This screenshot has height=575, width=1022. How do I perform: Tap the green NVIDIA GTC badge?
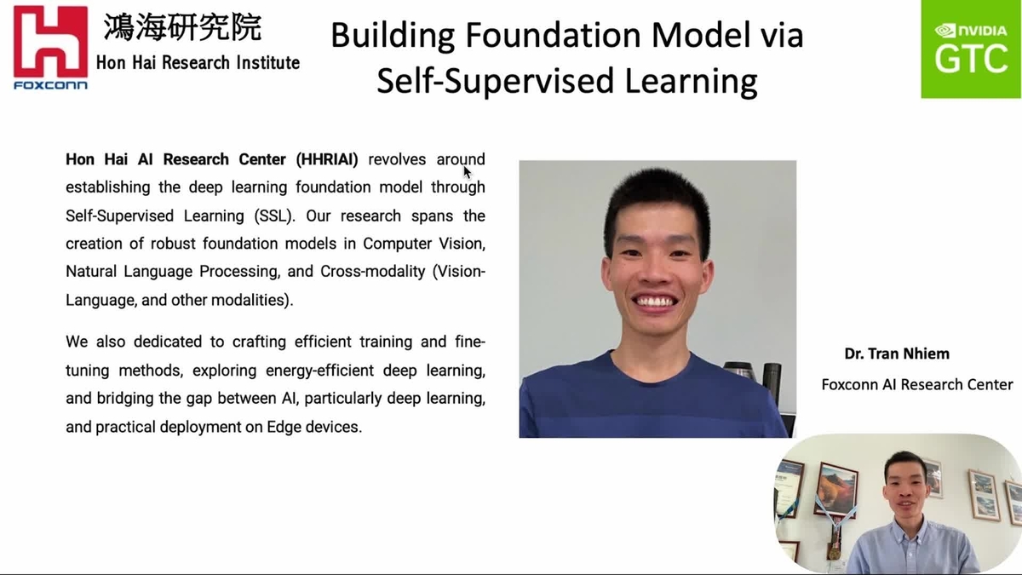(x=971, y=49)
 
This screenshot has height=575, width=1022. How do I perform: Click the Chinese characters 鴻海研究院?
(x=182, y=27)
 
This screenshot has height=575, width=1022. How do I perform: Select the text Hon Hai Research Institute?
(x=198, y=62)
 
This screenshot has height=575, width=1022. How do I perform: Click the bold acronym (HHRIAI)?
(x=327, y=159)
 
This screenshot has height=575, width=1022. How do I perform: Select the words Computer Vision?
(x=424, y=244)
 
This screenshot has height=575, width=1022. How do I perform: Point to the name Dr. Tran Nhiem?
(x=897, y=354)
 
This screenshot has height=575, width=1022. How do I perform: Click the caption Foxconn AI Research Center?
(x=917, y=384)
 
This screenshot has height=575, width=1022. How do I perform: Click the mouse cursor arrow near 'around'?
(x=468, y=171)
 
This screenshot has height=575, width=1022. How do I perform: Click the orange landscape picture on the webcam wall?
(x=836, y=488)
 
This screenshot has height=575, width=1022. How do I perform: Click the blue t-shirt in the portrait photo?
(x=647, y=400)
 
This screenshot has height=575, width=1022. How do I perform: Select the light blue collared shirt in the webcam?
(x=911, y=545)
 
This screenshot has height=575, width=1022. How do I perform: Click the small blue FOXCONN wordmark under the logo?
(x=50, y=85)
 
